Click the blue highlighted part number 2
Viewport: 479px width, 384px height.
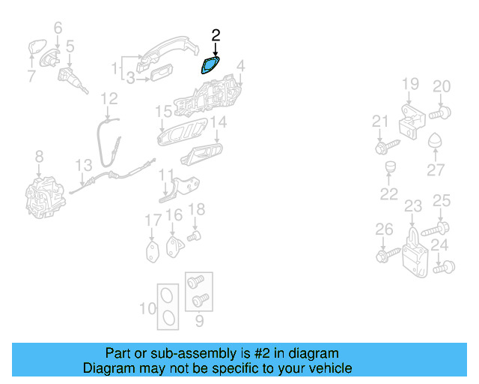210,65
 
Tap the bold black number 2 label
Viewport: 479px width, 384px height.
216,35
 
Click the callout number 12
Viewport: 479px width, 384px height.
109,98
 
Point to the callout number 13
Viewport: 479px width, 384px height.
83,165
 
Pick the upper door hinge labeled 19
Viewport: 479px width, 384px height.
412,121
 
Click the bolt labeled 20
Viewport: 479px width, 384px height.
440,113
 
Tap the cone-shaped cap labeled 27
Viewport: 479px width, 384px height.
435,140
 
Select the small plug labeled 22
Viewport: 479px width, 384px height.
390,167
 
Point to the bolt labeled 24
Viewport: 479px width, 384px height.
444,267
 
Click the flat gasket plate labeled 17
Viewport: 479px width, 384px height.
153,252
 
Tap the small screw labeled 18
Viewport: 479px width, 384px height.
194,236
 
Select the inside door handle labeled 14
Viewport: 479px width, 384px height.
201,154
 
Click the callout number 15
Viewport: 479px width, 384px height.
163,112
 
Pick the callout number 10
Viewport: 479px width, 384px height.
147,308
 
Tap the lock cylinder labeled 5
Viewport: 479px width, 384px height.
72,79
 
